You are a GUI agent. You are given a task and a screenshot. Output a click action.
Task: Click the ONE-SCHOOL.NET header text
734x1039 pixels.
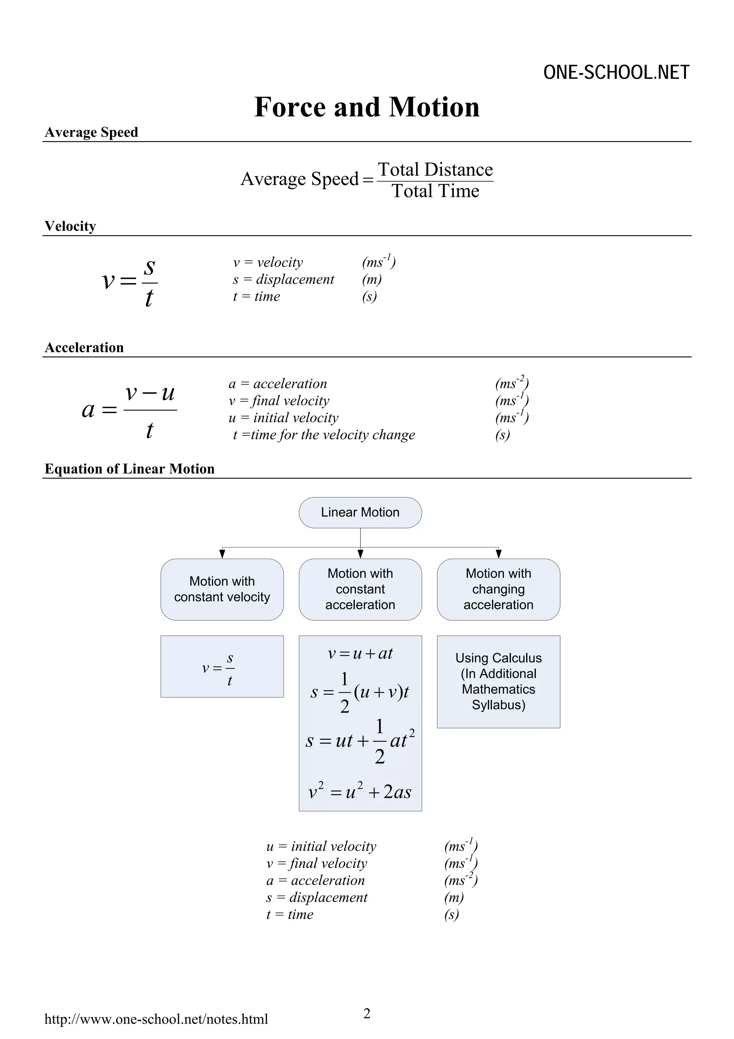[616, 72]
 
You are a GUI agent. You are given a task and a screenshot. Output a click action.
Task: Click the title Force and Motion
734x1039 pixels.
[367, 107]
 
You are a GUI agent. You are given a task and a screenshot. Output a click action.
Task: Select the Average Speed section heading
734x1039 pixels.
[91, 132]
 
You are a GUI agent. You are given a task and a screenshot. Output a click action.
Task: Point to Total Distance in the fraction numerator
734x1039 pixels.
[435, 170]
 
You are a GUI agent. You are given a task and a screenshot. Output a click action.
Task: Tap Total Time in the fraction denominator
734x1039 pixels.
[435, 191]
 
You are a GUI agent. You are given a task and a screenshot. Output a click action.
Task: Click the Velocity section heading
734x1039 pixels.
[70, 226]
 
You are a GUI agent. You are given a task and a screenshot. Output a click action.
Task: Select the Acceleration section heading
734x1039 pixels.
[84, 347]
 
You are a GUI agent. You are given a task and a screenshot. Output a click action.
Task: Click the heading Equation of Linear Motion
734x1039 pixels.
[129, 468]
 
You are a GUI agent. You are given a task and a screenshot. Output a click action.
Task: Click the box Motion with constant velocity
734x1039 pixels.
[222, 589]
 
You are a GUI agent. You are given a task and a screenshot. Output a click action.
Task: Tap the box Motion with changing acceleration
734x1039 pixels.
[499, 589]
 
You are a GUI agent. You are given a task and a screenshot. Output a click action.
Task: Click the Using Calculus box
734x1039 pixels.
[499, 681]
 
